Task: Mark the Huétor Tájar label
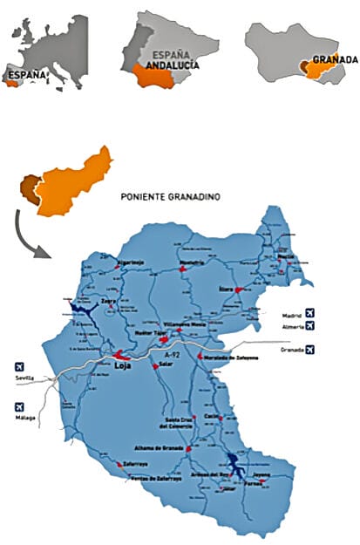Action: pyautogui.click(x=150, y=332)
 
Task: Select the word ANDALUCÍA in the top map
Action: pyautogui.click(x=171, y=65)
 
